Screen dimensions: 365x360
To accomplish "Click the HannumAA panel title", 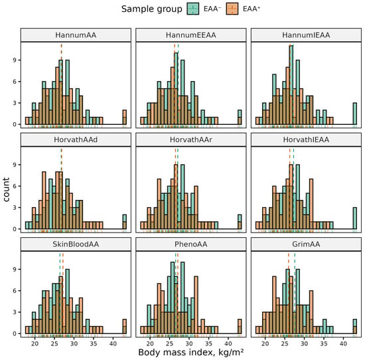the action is click(76, 35).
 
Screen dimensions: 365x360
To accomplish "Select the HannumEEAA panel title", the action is click(191, 35).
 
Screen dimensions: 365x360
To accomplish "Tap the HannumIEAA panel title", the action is click(306, 35).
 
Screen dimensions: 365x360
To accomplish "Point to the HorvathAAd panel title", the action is click(76, 139).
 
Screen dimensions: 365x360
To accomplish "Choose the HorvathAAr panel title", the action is click(191, 139).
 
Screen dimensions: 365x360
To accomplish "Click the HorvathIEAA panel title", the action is click(306, 139).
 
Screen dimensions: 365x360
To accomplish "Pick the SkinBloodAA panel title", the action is click(76, 244).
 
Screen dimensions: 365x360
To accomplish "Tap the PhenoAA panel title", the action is click(191, 244).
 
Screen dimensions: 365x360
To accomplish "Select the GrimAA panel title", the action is click(306, 244).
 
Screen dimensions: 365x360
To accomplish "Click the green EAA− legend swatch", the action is click(193, 9).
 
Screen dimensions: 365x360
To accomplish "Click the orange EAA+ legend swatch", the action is click(232, 9).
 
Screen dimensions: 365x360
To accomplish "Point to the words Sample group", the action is click(152, 9).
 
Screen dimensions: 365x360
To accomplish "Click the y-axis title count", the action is click(6, 189).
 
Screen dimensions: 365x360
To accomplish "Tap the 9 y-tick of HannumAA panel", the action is click(15, 60).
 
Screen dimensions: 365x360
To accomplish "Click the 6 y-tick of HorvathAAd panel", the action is click(15, 186).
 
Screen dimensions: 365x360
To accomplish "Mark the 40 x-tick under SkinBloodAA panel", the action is click(113, 343).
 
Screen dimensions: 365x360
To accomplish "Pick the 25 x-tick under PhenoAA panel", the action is click(169, 343).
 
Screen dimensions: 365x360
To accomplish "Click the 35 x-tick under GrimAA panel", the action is click(324, 343).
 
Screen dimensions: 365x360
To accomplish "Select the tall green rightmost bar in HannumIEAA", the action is click(355, 114).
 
